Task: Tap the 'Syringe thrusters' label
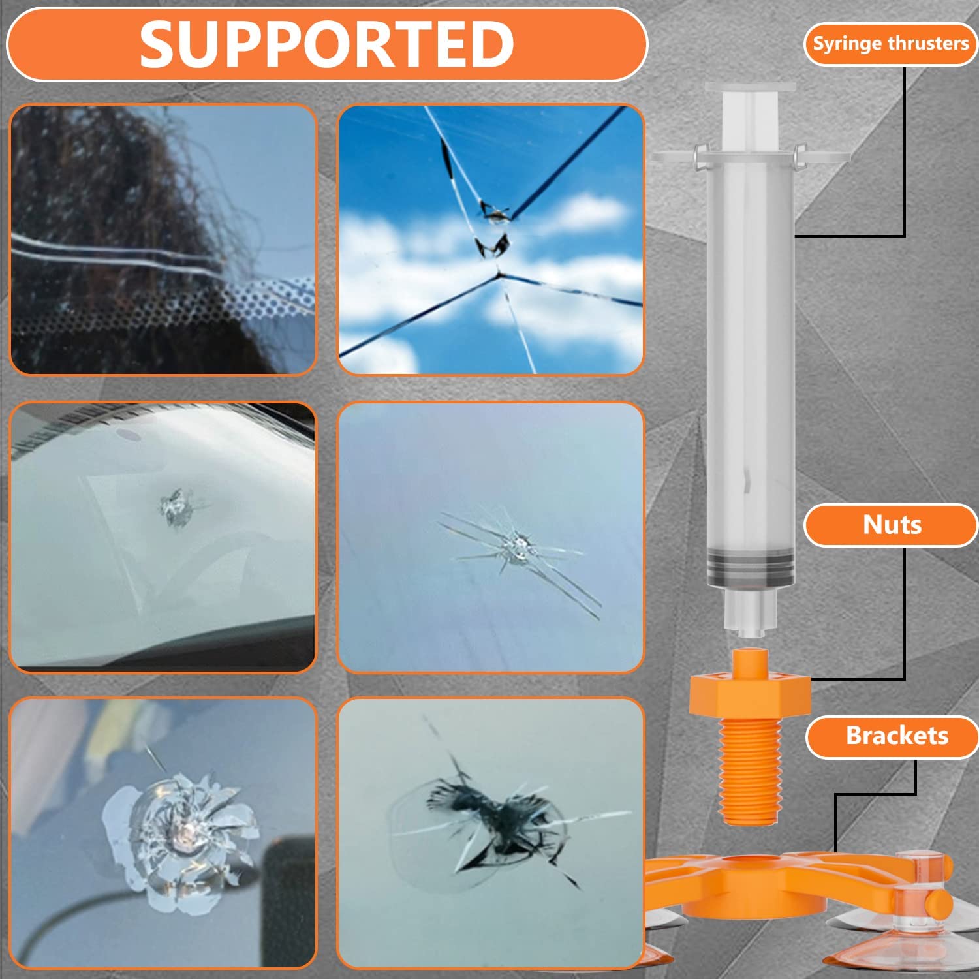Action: tap(891, 44)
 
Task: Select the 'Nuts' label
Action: tap(892, 525)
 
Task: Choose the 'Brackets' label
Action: tap(897, 736)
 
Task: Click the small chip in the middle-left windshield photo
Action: tap(175, 507)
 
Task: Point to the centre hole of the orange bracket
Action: tap(751, 865)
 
